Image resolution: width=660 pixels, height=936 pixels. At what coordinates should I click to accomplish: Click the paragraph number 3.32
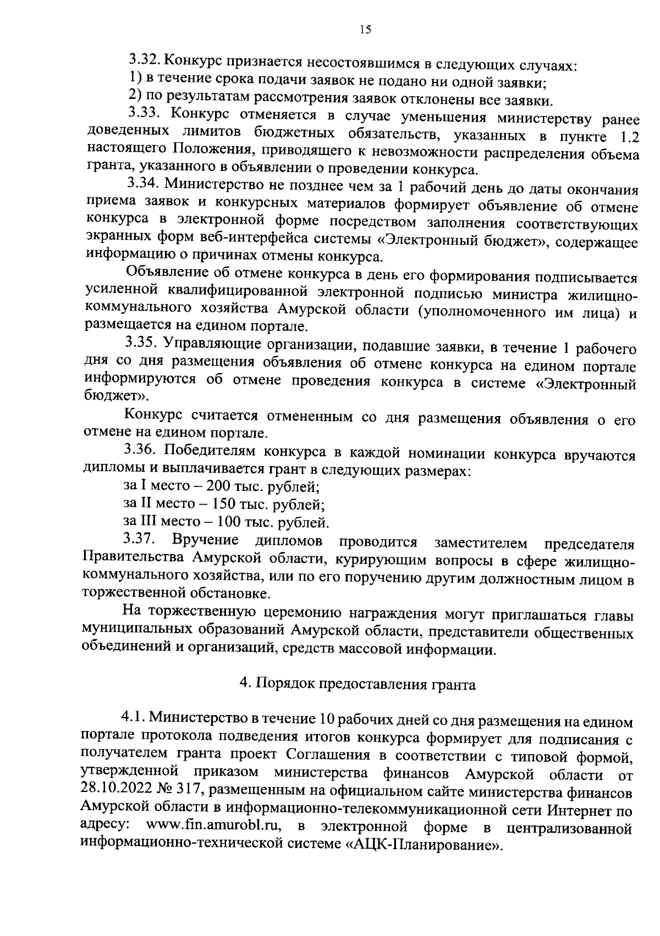pos(145,59)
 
